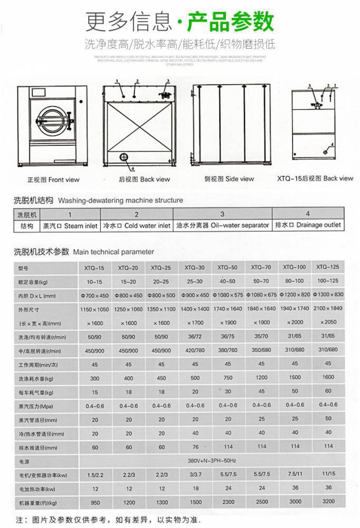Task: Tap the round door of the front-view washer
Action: pyautogui.click(x=49, y=121)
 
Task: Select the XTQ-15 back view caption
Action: pyautogui.click(x=315, y=178)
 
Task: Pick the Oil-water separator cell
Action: pyautogui.click(x=222, y=225)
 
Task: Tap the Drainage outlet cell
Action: pyautogui.click(x=308, y=225)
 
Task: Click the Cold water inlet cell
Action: pyautogui.click(x=136, y=225)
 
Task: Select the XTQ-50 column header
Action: pyautogui.click(x=228, y=267)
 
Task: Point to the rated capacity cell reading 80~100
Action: pyautogui.click(x=295, y=280)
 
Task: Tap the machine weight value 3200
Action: pyautogui.click(x=328, y=502)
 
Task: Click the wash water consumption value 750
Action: pyautogui.click(x=228, y=378)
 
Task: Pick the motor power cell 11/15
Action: pyautogui.click(x=328, y=474)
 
